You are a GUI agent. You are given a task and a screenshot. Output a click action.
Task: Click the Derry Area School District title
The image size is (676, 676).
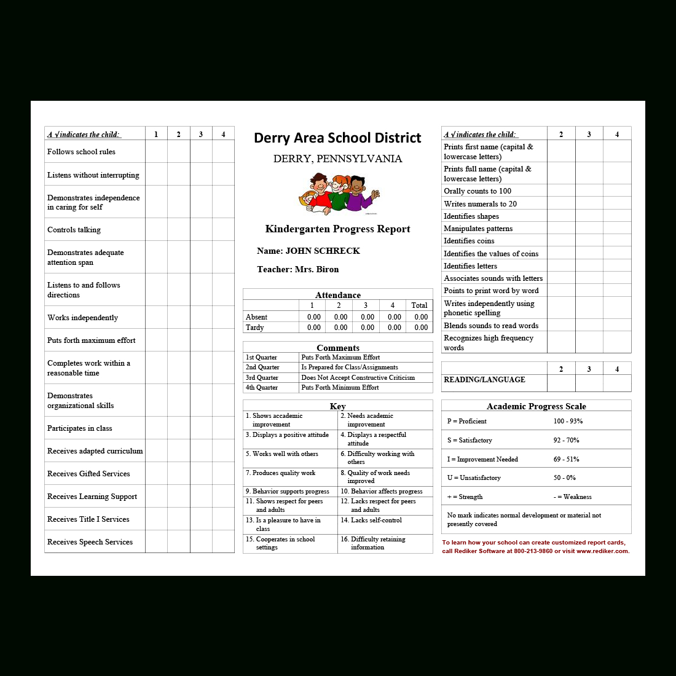337,138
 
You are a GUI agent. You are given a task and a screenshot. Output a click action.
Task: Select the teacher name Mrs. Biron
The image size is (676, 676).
316,269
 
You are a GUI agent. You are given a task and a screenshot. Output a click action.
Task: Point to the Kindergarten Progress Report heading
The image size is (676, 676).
337,229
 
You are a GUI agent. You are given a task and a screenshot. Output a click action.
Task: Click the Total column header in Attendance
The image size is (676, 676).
419,305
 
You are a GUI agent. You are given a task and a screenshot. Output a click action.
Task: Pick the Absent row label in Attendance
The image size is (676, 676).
256,317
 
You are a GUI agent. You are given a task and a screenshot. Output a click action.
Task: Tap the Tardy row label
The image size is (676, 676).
254,328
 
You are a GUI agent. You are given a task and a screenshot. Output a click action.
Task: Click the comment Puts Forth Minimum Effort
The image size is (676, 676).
340,388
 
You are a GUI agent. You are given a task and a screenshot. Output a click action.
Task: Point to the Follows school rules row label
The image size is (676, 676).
81,152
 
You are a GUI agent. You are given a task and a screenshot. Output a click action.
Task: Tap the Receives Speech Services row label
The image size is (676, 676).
90,542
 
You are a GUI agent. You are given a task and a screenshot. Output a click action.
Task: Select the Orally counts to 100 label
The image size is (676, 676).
478,191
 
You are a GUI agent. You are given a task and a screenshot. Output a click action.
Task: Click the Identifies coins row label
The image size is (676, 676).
469,241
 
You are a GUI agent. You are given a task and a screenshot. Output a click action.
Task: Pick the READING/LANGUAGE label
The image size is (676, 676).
484,380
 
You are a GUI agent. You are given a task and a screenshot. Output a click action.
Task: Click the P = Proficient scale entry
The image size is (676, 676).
467,422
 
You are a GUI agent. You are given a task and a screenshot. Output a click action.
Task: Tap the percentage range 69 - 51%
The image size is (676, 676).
567,459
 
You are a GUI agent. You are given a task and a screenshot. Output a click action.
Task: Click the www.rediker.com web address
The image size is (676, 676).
602,551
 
